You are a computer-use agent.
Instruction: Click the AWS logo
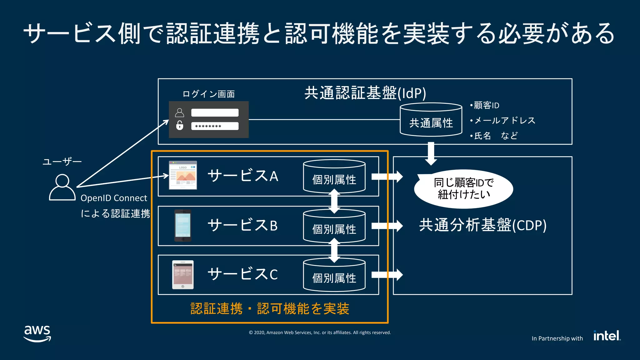37,333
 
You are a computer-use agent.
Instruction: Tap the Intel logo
607,336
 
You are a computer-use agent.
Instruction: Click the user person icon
62,187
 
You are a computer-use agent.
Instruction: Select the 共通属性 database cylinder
431,120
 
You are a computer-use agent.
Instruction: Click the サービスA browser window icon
183,175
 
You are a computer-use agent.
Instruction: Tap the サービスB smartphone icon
183,225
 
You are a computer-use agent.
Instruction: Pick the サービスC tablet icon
183,274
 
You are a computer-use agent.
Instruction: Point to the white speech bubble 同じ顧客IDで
463,189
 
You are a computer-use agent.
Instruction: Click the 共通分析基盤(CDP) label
482,225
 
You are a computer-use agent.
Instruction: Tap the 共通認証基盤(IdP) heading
365,93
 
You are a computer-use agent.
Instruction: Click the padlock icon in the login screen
180,125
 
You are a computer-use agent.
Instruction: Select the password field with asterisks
215,126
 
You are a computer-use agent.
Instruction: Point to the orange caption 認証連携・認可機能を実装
270,309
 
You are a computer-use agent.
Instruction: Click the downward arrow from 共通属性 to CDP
431,153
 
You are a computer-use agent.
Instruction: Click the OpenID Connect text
114,198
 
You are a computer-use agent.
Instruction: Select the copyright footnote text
320,332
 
